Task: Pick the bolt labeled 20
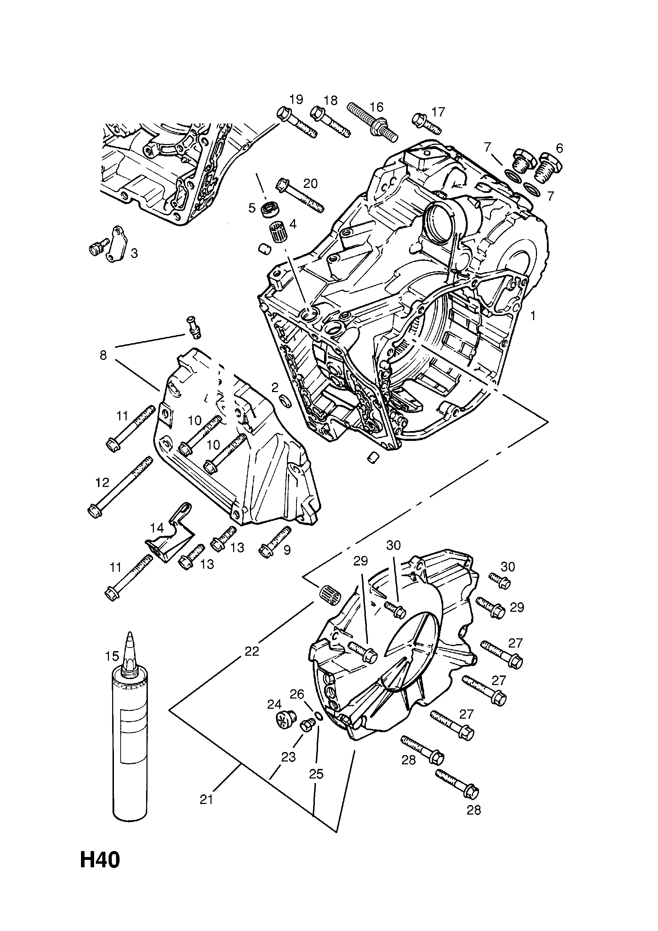299,195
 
